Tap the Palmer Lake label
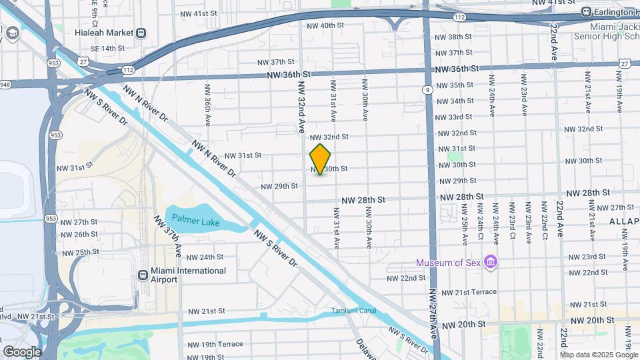[194, 218]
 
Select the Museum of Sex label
[449, 262]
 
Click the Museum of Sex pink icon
[491, 261]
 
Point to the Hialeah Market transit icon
[141, 33]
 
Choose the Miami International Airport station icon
[142, 275]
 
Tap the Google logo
[22, 351]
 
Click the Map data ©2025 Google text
[599, 355]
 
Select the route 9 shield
[425, 89]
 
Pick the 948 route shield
[5, 84]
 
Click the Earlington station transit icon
[586, 12]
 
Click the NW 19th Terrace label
[215, 345]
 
